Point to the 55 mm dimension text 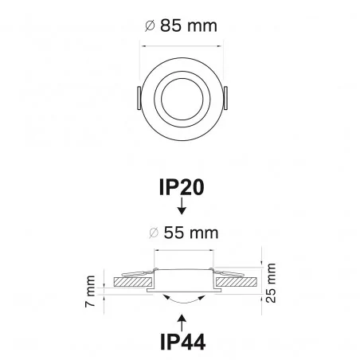(x=189, y=233)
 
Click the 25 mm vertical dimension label (x=272, y=285)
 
